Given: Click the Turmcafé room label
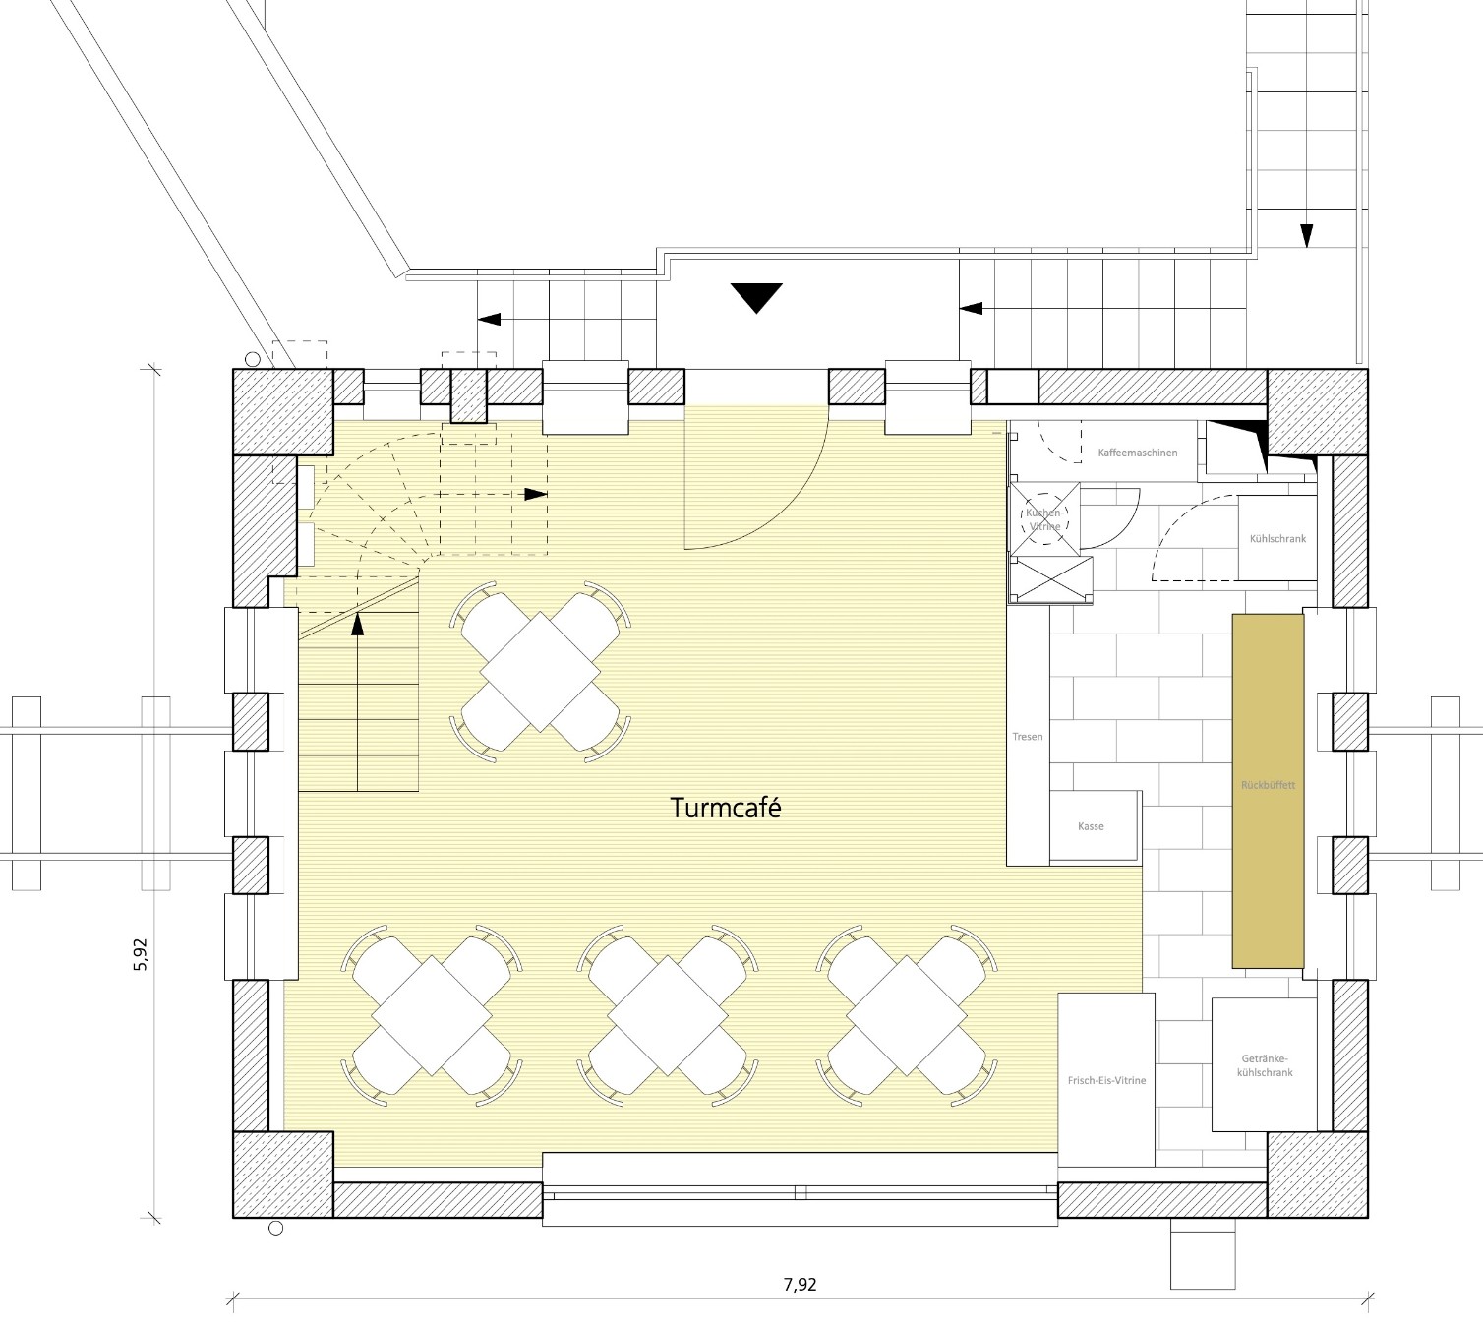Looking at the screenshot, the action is click(x=726, y=809).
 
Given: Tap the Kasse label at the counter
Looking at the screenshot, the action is click(x=1091, y=826).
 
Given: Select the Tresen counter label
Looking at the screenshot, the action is click(x=1028, y=737).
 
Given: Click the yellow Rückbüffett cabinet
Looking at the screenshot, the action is click(x=1268, y=791).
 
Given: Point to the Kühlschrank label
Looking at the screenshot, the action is click(x=1278, y=539).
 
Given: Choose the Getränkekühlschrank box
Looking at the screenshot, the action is click(x=1264, y=1065).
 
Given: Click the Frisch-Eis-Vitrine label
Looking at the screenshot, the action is click(x=1106, y=1080).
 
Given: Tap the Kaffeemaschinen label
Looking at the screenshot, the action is click(x=1138, y=453).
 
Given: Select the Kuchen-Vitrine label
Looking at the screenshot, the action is click(x=1044, y=519).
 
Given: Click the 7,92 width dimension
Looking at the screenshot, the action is click(x=800, y=1284).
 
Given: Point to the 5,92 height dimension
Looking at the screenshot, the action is click(x=140, y=954).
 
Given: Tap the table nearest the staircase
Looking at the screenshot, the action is click(x=540, y=672).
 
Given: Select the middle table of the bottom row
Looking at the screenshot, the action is click(x=668, y=1015).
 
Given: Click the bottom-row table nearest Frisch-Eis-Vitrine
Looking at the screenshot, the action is click(x=907, y=1015).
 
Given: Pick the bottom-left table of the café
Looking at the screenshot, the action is click(x=432, y=1015).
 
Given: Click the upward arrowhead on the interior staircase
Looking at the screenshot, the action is click(x=357, y=624).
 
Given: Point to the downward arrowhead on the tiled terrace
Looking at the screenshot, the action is click(x=1307, y=235).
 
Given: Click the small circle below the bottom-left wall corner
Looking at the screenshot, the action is click(x=276, y=1229).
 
